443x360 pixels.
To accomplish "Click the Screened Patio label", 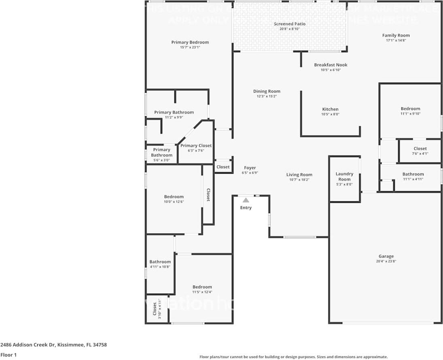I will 289,24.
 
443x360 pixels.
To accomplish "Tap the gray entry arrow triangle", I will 246,200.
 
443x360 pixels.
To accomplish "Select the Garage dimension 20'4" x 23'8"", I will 386,262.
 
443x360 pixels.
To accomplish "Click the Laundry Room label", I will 344,177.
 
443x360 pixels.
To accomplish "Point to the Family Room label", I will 396,35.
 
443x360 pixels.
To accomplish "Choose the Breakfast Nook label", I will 331,65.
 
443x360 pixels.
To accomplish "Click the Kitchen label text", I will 330,109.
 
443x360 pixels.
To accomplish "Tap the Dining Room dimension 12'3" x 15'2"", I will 267,96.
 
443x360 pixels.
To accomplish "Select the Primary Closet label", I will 196,145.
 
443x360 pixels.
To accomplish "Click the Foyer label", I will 250,168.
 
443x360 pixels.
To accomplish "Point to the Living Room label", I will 299,175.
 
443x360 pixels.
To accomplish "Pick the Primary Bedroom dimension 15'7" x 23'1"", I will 190,47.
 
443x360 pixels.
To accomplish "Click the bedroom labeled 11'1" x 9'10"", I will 410,109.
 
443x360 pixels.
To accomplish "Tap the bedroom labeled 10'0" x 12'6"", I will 174,197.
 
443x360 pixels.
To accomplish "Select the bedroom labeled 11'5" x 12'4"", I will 202,287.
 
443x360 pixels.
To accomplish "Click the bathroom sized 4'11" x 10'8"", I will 160,262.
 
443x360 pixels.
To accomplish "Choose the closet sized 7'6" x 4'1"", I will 420,149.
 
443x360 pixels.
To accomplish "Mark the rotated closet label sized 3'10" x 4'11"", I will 155,309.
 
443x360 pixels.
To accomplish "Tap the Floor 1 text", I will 8,355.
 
